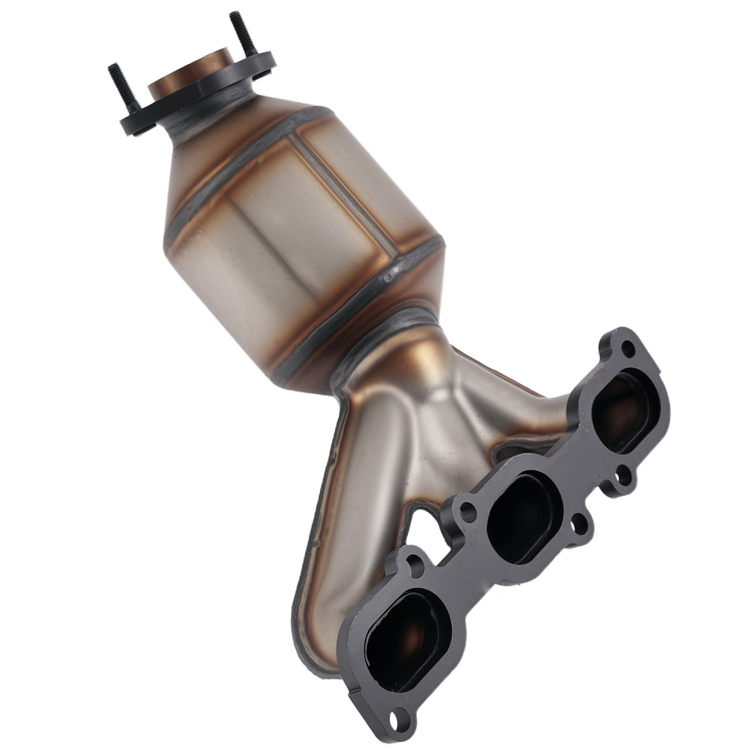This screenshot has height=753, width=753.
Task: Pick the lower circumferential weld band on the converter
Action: tap(361, 301)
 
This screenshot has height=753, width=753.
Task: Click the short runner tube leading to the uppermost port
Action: tap(520, 407)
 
